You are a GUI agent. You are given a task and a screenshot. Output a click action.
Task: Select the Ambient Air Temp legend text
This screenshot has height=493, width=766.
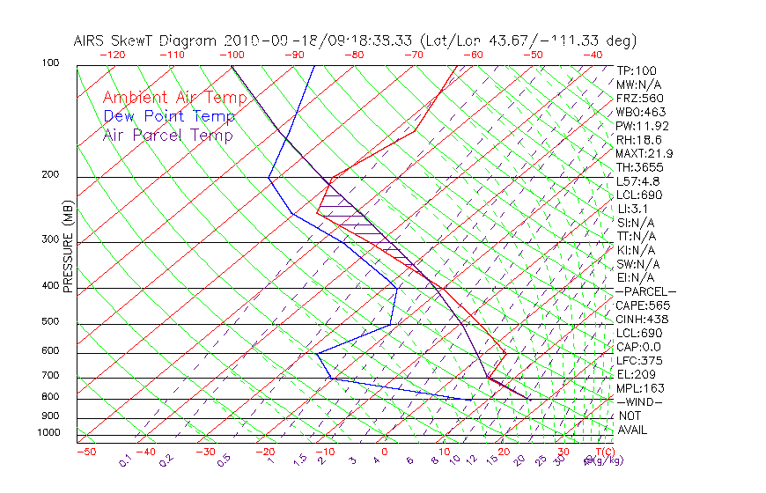174,98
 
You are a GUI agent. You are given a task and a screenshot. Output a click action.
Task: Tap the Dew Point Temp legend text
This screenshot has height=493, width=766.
169,116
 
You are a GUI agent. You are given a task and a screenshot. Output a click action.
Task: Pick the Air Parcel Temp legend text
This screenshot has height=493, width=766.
167,135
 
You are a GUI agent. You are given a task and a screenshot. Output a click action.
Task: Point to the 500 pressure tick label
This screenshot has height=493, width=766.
51,322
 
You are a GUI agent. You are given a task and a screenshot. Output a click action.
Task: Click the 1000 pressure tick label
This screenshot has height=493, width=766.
48,433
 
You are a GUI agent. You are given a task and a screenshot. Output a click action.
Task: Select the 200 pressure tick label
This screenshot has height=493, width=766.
51,175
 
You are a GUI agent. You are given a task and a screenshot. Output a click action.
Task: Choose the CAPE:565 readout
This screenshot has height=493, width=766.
639,305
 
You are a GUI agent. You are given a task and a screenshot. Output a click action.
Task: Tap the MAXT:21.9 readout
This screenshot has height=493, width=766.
642,153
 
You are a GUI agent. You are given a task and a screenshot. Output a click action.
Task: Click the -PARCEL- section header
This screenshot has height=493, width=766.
645,291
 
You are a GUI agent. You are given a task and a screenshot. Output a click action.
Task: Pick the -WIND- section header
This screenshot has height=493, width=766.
639,401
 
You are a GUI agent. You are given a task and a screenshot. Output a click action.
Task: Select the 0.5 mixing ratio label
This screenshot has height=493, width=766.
226,460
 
